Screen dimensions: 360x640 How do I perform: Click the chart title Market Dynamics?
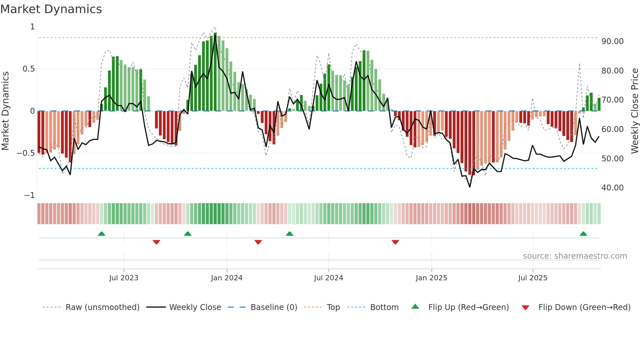click(x=51, y=9)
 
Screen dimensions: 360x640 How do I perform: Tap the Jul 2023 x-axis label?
click(x=124, y=278)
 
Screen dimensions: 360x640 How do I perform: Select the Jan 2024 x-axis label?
click(x=227, y=278)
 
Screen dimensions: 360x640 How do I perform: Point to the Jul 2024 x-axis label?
click(x=328, y=278)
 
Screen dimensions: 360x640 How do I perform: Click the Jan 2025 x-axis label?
click(x=431, y=278)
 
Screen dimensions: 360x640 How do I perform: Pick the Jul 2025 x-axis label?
click(x=533, y=278)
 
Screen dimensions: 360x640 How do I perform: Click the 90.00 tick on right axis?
click(x=612, y=41)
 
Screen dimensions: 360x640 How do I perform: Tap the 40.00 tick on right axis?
click(x=612, y=188)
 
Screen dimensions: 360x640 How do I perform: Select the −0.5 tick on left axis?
click(x=25, y=153)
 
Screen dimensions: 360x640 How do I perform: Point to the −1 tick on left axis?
click(x=29, y=195)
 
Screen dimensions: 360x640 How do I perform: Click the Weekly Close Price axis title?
click(x=634, y=111)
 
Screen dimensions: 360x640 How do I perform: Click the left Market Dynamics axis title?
click(x=5, y=111)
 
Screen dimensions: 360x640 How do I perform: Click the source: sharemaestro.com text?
click(x=575, y=256)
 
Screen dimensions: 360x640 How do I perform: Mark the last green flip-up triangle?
click(x=583, y=234)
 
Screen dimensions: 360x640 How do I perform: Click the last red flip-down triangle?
click(x=395, y=242)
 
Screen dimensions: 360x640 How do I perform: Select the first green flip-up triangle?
click(x=102, y=234)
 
